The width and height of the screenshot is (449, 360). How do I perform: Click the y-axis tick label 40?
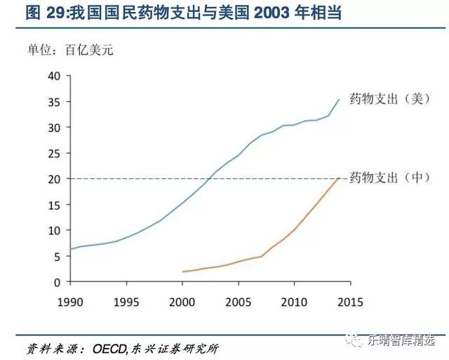53,76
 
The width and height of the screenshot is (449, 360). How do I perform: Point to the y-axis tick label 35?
53,102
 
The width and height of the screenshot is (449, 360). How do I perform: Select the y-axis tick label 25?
53,153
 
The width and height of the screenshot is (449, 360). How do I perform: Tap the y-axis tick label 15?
53,204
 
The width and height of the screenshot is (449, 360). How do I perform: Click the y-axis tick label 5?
55,256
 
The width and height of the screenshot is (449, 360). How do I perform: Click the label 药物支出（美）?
388,99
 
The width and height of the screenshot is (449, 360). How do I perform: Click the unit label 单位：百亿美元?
69,49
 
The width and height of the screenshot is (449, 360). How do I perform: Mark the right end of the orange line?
340,178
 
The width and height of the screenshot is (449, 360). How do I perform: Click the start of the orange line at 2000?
182,272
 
